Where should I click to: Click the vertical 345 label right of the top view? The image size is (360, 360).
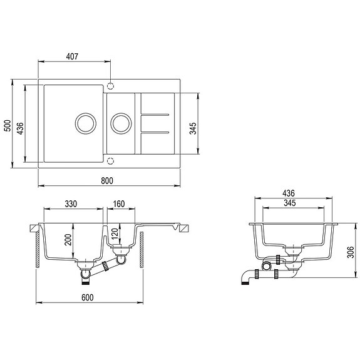click(193, 128)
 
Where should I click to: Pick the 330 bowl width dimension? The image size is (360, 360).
click(71, 203)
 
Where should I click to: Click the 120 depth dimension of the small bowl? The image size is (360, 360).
click(115, 234)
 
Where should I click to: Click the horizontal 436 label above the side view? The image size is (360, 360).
click(289, 193)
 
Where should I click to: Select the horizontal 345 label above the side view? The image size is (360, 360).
click(289, 204)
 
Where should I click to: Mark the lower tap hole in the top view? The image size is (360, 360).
click(111, 161)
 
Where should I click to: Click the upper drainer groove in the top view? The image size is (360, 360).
click(154, 115)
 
